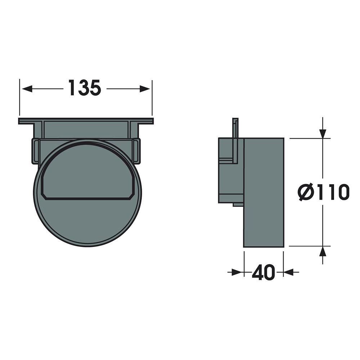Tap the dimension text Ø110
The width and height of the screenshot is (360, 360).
coord(323,192)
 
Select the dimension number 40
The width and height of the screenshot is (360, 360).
coord(263,273)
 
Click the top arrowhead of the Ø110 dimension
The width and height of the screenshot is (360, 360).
coord(323,134)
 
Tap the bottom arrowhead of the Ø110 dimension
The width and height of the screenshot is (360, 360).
coord(323,251)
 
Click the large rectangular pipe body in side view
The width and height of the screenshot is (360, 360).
coord(264,192)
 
